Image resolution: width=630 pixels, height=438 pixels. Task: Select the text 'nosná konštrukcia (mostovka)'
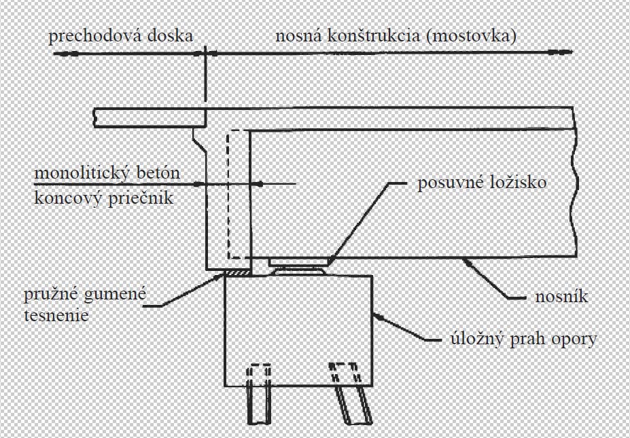click(395, 36)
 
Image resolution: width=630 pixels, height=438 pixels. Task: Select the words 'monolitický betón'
click(108, 173)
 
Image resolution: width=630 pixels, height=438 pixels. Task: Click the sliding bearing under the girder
click(299, 265)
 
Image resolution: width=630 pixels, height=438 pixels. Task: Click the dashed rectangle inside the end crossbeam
click(236, 194)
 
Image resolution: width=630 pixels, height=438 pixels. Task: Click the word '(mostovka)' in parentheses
click(477, 36)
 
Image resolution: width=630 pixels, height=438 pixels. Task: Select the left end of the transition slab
click(97, 117)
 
